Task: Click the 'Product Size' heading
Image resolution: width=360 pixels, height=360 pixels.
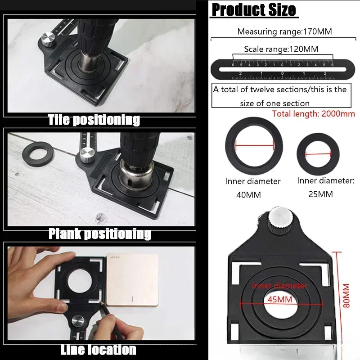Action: coord(254,10)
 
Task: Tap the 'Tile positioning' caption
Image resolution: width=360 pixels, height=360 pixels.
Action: coord(94,120)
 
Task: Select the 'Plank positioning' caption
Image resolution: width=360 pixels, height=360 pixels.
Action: coord(99,234)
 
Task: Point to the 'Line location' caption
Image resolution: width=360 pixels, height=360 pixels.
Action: coord(98,350)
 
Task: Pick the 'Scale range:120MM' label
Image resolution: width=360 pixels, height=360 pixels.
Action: coord(282,49)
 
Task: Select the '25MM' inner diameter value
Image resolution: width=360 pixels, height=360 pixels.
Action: coord(321,194)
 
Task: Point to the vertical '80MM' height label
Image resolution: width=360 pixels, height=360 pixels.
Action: coord(345,295)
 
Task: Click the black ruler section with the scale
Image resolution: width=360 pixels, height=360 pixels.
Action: coord(283,69)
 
